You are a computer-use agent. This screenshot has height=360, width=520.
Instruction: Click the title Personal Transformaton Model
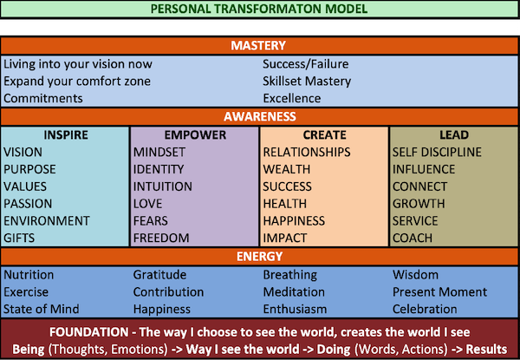(x=259, y=10)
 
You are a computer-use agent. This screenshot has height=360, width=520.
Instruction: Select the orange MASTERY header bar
(x=259, y=46)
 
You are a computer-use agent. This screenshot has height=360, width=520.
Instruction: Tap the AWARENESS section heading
(x=259, y=116)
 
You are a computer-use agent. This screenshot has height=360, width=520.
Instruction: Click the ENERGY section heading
(x=259, y=257)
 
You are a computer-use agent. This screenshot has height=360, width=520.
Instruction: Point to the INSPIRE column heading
(x=64, y=135)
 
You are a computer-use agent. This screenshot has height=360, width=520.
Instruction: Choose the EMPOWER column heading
(x=194, y=135)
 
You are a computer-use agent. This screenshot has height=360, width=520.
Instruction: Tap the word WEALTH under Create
(x=287, y=169)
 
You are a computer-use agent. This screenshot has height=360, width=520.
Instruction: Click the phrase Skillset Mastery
(x=308, y=82)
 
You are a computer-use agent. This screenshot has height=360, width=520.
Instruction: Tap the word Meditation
(x=294, y=292)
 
